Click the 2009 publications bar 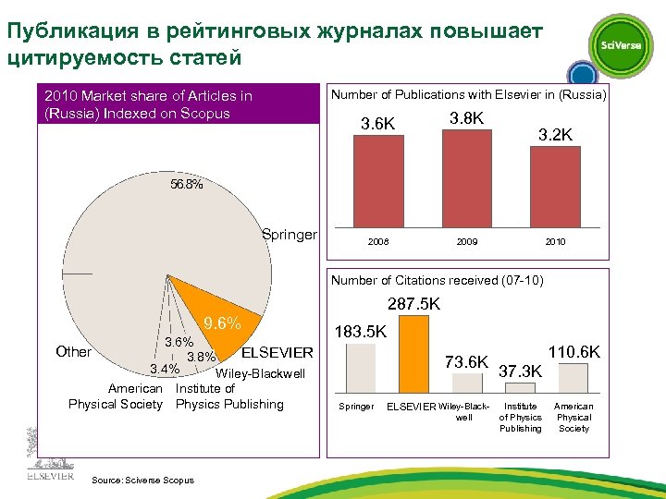click(466, 181)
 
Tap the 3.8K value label click(467, 118)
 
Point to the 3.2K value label click(556, 135)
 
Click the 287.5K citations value click(413, 303)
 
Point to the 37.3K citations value click(521, 371)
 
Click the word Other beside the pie click(73, 351)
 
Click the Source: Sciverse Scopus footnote click(143, 481)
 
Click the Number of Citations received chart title click(437, 280)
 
